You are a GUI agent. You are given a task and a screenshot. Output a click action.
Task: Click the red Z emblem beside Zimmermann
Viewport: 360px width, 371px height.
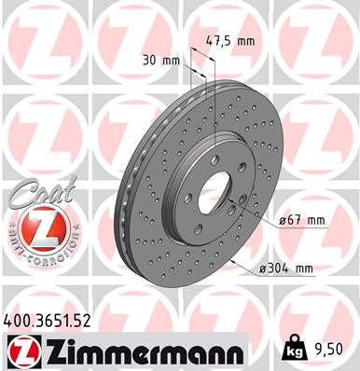click(x=21, y=352)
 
